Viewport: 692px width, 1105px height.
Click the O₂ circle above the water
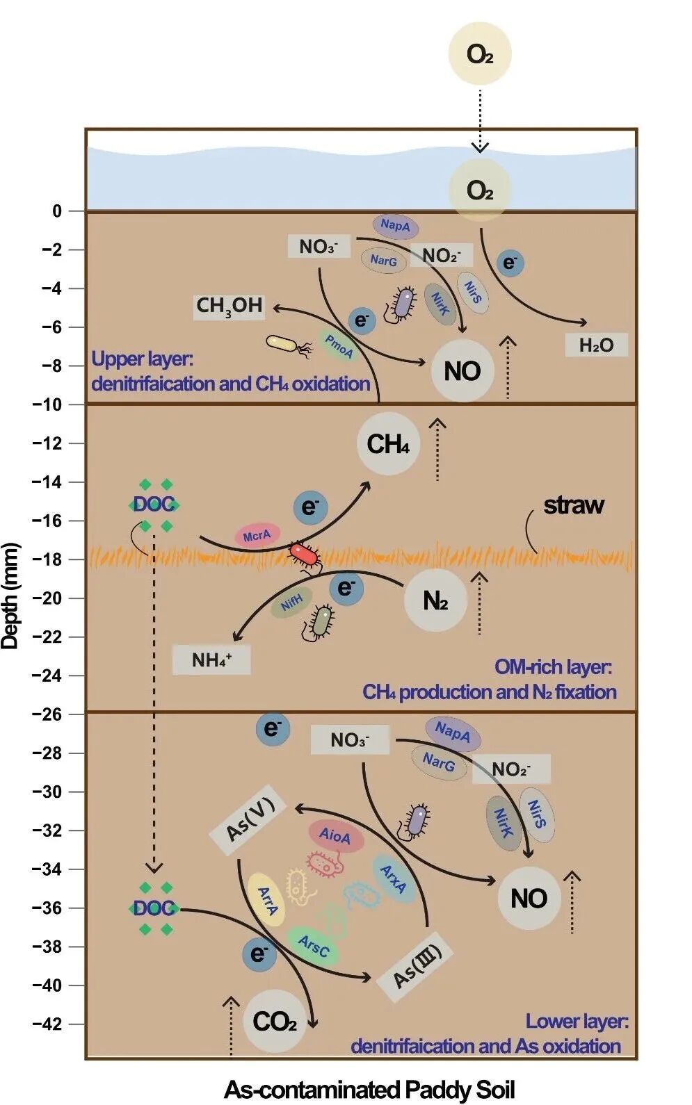pyautogui.click(x=480, y=54)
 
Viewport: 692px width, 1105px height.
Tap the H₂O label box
pyautogui.click(x=596, y=345)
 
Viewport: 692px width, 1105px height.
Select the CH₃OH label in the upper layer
pyautogui.click(x=230, y=306)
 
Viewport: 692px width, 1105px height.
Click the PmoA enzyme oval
pyautogui.click(x=339, y=345)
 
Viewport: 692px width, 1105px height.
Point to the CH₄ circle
pyautogui.click(x=388, y=444)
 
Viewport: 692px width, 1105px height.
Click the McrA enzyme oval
pyautogui.click(x=257, y=536)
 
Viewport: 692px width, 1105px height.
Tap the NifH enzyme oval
pyautogui.click(x=292, y=602)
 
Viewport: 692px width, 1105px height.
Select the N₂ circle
pyautogui.click(x=435, y=600)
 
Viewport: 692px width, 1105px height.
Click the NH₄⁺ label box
pyautogui.click(x=211, y=660)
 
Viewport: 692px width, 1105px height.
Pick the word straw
pyautogui.click(x=574, y=505)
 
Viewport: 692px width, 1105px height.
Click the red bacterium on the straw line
pyautogui.click(x=304, y=555)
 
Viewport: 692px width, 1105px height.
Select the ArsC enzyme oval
pyautogui.click(x=313, y=945)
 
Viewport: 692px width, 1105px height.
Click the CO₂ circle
pyautogui.click(x=275, y=1022)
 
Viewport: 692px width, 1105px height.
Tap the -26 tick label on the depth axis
pyautogui.click(x=47, y=714)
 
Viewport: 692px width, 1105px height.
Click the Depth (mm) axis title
pyautogui.click(x=10, y=596)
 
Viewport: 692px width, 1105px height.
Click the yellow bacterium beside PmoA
pyautogui.click(x=282, y=343)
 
